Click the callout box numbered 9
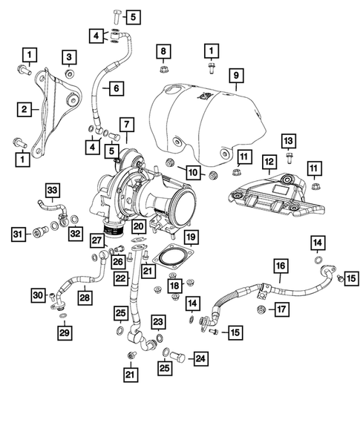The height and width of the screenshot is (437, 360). click(x=235, y=75)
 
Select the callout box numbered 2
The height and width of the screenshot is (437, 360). click(x=25, y=109)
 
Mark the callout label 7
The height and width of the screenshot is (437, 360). click(x=128, y=122)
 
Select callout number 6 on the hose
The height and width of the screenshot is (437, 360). click(x=117, y=88)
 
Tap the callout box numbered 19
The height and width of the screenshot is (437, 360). click(x=190, y=237)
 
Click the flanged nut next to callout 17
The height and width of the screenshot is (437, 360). click(x=261, y=309)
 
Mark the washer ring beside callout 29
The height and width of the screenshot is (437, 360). click(x=63, y=316)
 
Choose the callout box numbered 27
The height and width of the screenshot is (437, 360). click(x=97, y=240)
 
